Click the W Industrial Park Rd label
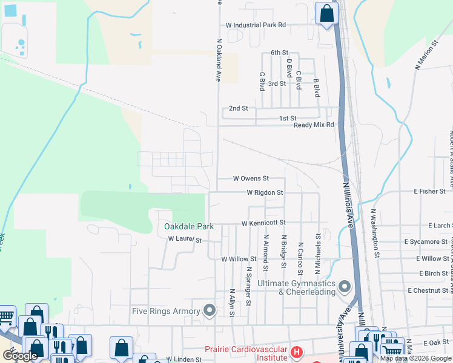255,25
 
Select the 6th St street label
279,53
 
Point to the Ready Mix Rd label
314,125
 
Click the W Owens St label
251,178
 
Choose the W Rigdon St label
265,192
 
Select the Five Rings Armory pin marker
210,311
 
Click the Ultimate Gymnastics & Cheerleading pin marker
345,286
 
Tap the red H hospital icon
297,352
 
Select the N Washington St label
375,234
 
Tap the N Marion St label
426,56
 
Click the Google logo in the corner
20,356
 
